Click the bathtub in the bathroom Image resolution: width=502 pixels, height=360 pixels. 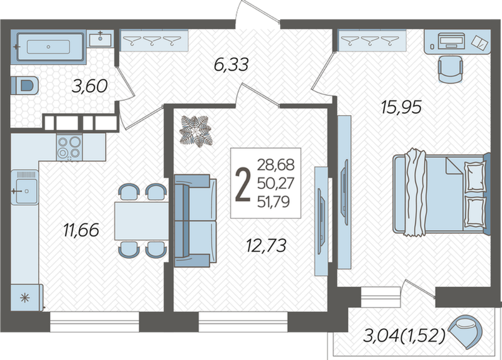(x=49, y=47)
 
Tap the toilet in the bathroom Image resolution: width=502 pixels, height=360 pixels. (x=25, y=85)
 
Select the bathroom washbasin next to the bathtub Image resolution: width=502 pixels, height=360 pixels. (x=100, y=39)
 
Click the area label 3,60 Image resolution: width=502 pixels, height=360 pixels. (x=89, y=86)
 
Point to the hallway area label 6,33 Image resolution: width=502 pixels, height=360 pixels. (x=231, y=65)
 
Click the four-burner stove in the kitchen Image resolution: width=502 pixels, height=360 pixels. (x=69, y=147)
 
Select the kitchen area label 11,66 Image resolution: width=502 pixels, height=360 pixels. (x=81, y=230)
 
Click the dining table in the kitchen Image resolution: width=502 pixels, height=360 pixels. (x=141, y=221)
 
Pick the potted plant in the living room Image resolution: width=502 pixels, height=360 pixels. (x=195, y=131)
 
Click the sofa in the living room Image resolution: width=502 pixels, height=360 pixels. (x=195, y=220)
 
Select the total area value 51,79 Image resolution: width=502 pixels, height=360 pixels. (x=274, y=202)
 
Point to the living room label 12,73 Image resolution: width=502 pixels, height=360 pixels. (x=266, y=245)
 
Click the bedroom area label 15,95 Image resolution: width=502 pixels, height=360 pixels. (x=401, y=107)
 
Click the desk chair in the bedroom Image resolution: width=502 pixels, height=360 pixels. (x=450, y=69)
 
